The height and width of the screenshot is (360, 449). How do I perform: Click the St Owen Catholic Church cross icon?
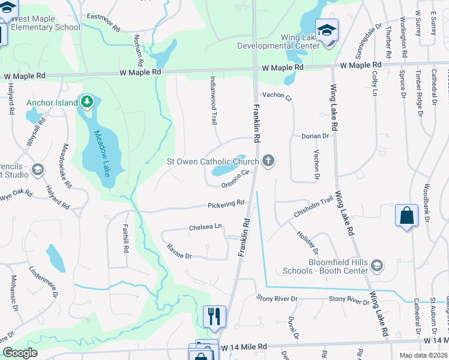pyautogui.click(x=268, y=161)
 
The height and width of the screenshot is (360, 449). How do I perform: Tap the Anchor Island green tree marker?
pyautogui.click(x=87, y=102)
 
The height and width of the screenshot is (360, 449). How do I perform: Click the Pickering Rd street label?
pyautogui.click(x=226, y=204)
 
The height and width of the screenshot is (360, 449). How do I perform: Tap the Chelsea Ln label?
pyautogui.click(x=205, y=227)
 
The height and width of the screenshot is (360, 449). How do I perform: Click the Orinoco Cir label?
pyautogui.click(x=235, y=178)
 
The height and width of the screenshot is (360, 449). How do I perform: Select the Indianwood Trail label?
pyautogui.click(x=213, y=100)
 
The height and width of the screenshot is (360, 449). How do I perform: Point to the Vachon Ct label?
pyautogui.click(x=276, y=97)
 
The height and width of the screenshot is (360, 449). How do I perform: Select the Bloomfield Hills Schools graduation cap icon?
pyautogui.click(x=376, y=265)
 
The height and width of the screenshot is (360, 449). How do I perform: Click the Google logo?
pyautogui.click(x=20, y=353)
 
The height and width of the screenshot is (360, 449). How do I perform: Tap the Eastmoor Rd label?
pyautogui.click(x=103, y=17)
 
